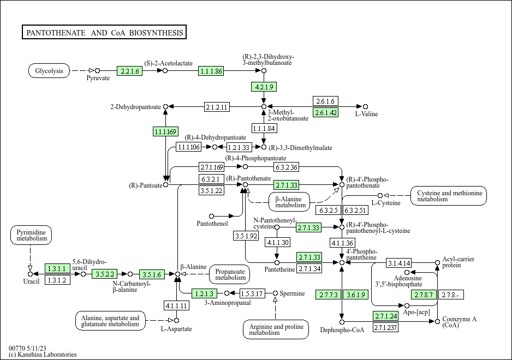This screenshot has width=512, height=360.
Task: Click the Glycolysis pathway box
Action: coord(49,70)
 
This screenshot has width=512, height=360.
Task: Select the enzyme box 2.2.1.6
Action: coord(129,71)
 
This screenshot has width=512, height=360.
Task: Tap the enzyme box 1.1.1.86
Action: coord(211,71)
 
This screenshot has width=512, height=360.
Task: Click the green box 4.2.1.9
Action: coord(264,87)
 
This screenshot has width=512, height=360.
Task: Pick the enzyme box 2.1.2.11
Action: coord(217,107)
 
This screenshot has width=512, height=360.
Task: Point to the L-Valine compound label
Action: coord(366,114)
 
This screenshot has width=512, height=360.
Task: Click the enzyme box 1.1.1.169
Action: coord(165,131)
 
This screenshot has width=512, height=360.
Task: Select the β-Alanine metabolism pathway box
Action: coord(289,202)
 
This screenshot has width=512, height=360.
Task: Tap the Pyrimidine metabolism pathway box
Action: coord(31,235)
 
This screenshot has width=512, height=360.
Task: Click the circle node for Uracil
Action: coord(30,274)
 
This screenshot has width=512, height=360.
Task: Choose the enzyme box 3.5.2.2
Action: coord(104,274)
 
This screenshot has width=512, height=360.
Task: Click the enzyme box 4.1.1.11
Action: coord(176,305)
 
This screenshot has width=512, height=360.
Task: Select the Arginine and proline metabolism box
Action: coord(276,329)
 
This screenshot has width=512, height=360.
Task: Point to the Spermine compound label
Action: coord(292,293)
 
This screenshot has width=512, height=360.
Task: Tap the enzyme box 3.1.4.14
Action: coord(399,263)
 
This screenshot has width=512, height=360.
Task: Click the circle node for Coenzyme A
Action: coord(438,321)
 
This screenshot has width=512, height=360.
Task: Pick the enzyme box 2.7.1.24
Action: coord(386,316)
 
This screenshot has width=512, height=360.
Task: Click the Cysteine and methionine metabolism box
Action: coord(449,196)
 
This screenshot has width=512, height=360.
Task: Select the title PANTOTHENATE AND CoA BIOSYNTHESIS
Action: coord(104,32)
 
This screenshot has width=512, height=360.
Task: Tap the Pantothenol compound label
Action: coord(212,224)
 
